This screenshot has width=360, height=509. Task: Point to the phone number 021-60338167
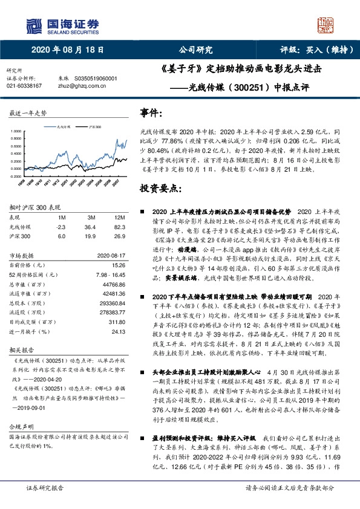pyautogui.click(x=24, y=86)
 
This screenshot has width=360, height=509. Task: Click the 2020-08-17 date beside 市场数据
pyautogui.click(x=111, y=256)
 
